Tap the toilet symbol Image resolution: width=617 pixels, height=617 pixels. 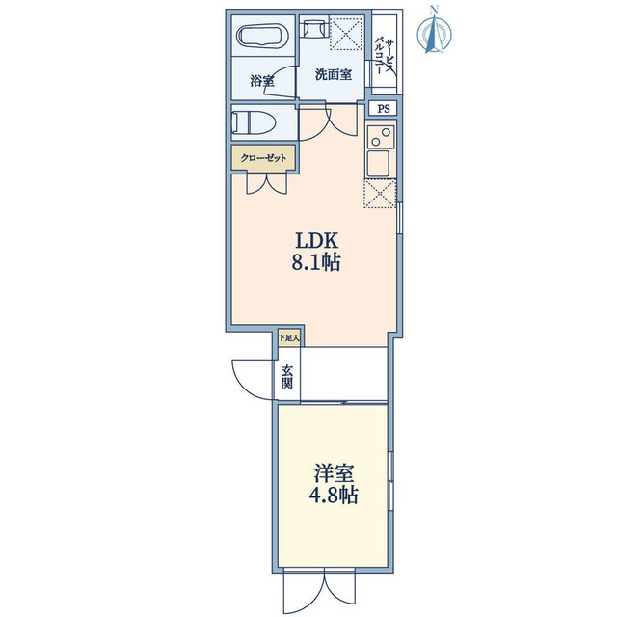coord(254,122)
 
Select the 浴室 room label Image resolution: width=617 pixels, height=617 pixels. coord(262,81)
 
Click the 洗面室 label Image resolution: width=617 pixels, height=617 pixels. coord(334,74)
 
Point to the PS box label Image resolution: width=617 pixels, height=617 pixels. coord(384,109)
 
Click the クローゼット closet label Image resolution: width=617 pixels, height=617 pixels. coord(263,158)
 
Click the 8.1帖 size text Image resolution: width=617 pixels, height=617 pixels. coord(315,262)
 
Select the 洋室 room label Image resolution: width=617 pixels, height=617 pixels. coord(334,473)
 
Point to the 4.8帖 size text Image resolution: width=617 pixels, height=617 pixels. coord(333,495)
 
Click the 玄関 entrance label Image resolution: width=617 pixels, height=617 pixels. coord(287,377)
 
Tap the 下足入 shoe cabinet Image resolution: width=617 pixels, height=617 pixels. coord(289,337)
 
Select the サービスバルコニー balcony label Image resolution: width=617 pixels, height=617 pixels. coord(384,56)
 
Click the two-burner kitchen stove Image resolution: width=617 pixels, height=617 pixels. coord(381,137)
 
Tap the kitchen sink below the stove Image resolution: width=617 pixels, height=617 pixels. coord(378,163)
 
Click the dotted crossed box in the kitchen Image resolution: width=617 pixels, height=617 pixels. coord(380,193)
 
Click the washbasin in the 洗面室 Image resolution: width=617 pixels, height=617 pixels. coord(314,28)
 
